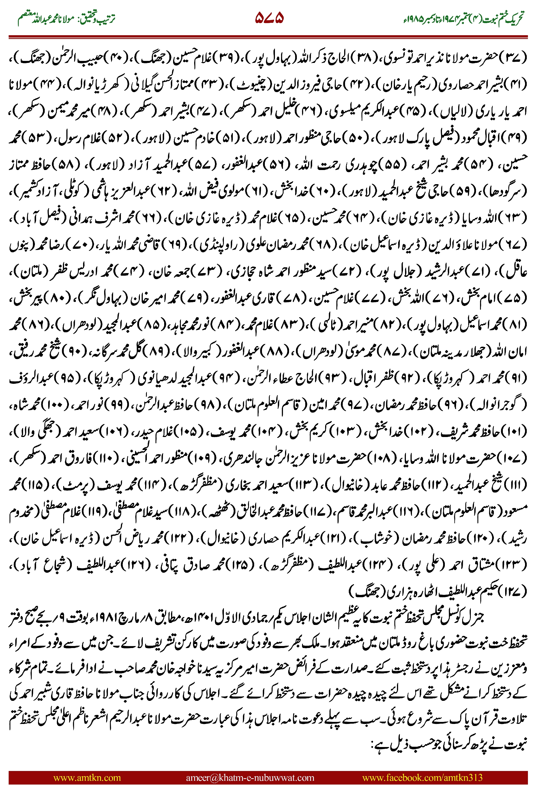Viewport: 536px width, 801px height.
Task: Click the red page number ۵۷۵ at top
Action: [269, 18]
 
